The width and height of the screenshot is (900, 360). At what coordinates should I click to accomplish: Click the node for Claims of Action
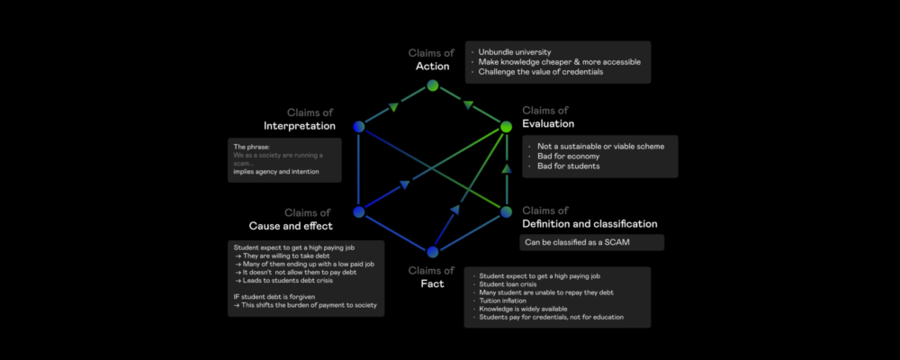pyautogui.click(x=433, y=85)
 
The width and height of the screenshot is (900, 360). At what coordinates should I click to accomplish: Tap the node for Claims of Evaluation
pyautogui.click(x=506, y=127)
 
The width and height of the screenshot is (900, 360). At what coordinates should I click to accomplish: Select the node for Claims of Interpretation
pyautogui.click(x=359, y=127)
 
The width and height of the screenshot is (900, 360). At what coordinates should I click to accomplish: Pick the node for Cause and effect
pyautogui.click(x=359, y=212)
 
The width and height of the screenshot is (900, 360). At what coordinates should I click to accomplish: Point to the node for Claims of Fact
pyautogui.click(x=433, y=253)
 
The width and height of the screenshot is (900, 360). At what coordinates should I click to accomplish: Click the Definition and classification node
pyautogui.click(x=506, y=212)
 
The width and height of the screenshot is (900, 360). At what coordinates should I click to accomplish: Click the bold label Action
pyautogui.click(x=433, y=67)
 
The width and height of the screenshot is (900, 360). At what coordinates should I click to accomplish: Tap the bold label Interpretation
pyautogui.click(x=299, y=125)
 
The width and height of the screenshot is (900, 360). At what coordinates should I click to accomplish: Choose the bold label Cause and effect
pyautogui.click(x=291, y=225)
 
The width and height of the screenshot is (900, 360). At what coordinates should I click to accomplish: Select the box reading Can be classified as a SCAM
pyautogui.click(x=591, y=243)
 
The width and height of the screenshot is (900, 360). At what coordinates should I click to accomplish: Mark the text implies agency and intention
pyautogui.click(x=274, y=171)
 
